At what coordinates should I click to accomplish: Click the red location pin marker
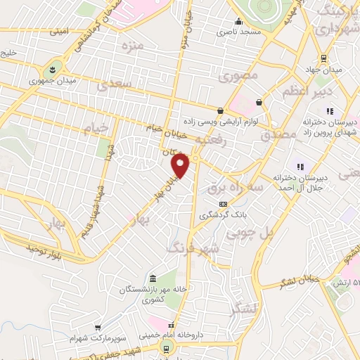(181, 166)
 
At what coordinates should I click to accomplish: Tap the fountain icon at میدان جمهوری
(53, 70)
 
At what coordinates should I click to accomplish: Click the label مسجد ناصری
(232, 32)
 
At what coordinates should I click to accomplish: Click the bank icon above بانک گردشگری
(224, 204)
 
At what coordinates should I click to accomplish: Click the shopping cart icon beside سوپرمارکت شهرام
(98, 328)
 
